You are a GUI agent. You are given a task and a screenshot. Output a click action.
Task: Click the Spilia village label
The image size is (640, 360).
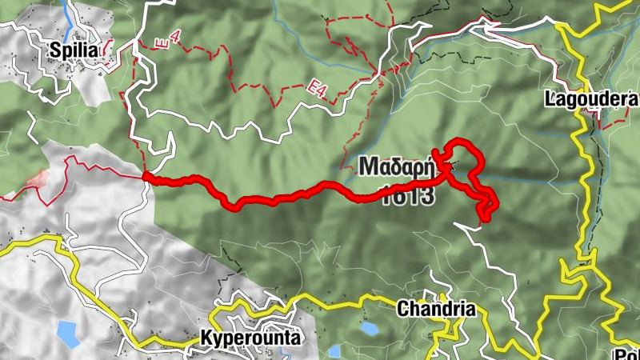point(74,50)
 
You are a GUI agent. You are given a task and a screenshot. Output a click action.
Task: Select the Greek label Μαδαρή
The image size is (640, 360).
point(396,167)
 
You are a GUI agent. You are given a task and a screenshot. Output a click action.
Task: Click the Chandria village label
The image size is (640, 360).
point(436,309)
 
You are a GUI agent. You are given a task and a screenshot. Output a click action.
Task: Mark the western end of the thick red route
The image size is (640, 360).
point(146,176)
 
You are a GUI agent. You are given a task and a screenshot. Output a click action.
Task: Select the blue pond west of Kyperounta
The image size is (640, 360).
point(68,334)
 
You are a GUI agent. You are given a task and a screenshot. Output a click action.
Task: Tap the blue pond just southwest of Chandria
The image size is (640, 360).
point(369,328)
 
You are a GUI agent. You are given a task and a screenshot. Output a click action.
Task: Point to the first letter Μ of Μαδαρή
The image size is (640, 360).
point(368,167)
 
